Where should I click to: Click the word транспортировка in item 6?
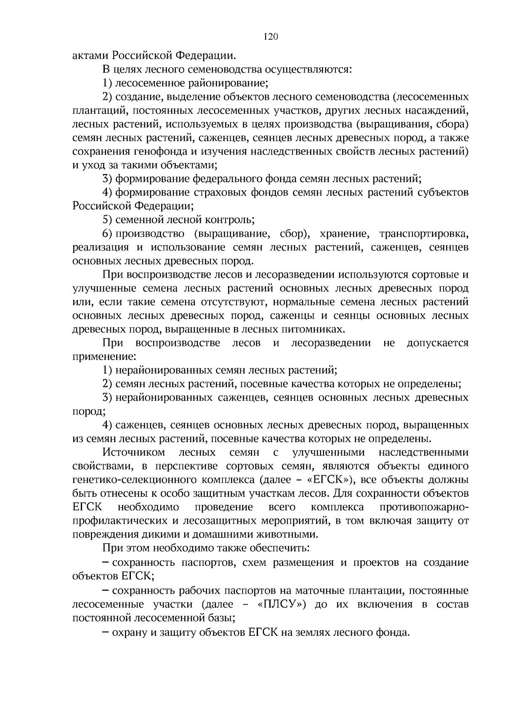coord(423,233)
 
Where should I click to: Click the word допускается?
coord(437,343)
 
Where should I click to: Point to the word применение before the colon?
coord(103,357)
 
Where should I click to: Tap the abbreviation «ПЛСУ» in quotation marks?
coord(280,604)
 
